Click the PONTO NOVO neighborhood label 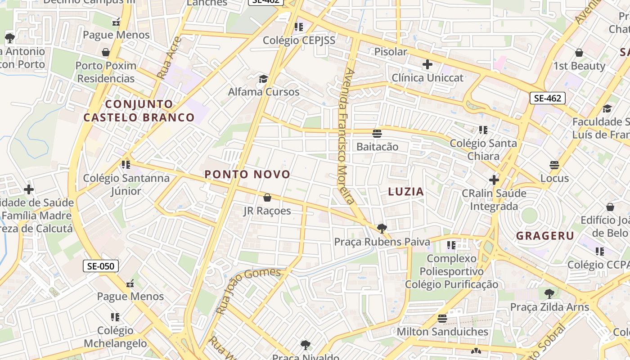247,175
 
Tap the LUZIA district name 406,192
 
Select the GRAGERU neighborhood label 545,236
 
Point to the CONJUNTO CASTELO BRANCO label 139,111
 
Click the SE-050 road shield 101,266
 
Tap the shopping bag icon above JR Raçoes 267,198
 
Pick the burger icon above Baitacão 377,134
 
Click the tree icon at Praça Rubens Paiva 382,229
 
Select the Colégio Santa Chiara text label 483,150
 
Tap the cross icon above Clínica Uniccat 427,64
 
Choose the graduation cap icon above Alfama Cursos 263,79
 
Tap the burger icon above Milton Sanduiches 442,319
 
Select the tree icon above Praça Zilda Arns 549,294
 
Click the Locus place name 554,178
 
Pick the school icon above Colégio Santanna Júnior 126,165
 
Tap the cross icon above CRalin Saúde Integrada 494,180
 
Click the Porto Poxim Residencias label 106,72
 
